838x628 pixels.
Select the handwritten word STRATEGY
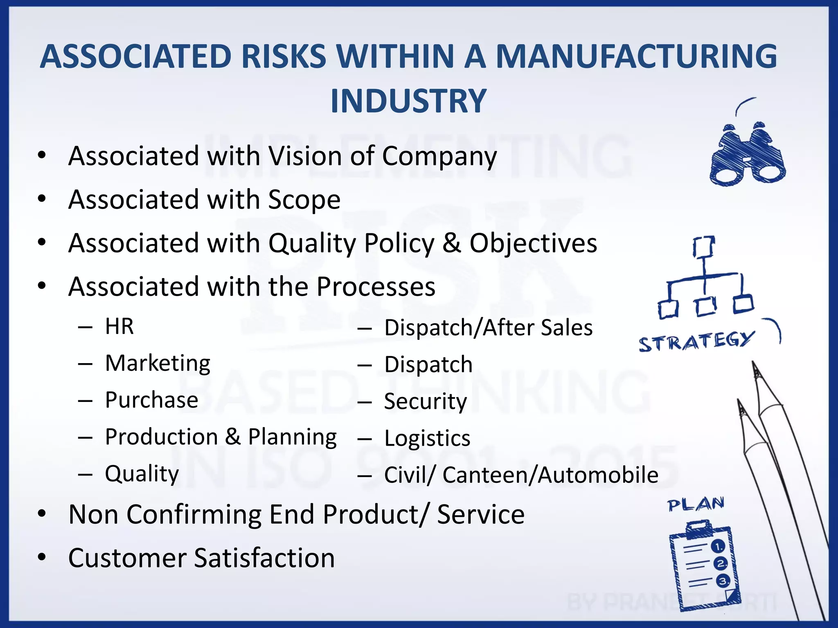(x=696, y=341)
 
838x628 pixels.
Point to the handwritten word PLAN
(x=696, y=505)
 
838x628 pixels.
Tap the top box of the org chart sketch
(x=704, y=247)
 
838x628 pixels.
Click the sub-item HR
(x=119, y=326)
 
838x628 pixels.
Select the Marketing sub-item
(x=158, y=363)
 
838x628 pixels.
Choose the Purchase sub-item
(x=151, y=400)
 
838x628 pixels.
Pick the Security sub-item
(x=425, y=401)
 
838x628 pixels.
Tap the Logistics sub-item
(x=427, y=438)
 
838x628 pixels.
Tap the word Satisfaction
(x=264, y=558)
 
